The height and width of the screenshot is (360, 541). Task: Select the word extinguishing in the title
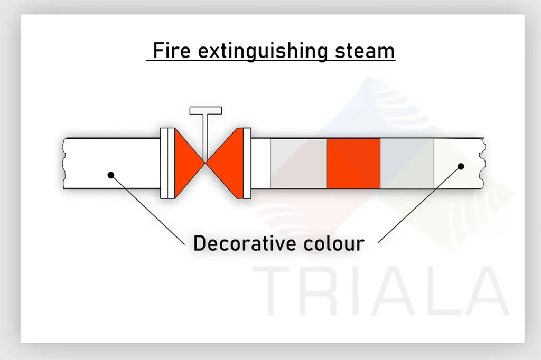coord(263,51)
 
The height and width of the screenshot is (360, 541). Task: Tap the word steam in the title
coord(365,51)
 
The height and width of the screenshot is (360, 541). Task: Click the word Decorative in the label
coord(245,243)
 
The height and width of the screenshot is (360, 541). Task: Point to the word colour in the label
coord(334,243)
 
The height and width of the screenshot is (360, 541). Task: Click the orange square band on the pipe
coord(353,164)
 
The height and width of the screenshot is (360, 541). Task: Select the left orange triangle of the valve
coord(189,163)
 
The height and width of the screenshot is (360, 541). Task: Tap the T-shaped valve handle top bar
coord(206,111)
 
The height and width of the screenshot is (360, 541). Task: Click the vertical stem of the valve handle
coord(206,138)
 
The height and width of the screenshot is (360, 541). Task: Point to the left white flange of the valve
coord(167,163)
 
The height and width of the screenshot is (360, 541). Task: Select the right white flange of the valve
coord(247,163)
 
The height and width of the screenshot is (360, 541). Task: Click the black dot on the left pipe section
coord(111,175)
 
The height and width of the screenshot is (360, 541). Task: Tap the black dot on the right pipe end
coord(461,167)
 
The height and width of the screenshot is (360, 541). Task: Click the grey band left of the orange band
coord(299,164)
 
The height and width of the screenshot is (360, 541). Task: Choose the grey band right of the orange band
coord(407,164)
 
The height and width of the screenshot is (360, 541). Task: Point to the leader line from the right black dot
coord(419,204)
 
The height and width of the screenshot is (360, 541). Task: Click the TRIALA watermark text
coord(381,291)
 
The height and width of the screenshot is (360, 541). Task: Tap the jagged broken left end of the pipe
coord(64,164)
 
